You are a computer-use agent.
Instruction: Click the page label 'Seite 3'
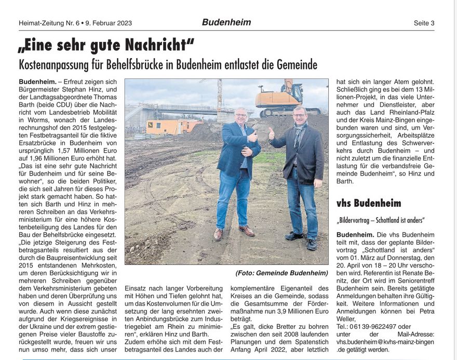(x=424, y=23)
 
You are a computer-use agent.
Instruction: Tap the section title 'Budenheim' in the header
(x=226, y=22)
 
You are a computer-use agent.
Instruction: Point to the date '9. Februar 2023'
(x=108, y=23)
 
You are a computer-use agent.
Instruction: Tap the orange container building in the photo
(x=172, y=126)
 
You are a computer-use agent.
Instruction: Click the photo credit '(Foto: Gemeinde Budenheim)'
(x=281, y=273)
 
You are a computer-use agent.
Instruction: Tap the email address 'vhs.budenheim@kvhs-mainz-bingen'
(x=385, y=342)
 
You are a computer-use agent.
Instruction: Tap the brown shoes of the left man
(x=233, y=232)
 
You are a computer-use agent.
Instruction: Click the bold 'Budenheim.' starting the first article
(x=37, y=82)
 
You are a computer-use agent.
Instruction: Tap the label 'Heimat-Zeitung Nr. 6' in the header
(x=49, y=23)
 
